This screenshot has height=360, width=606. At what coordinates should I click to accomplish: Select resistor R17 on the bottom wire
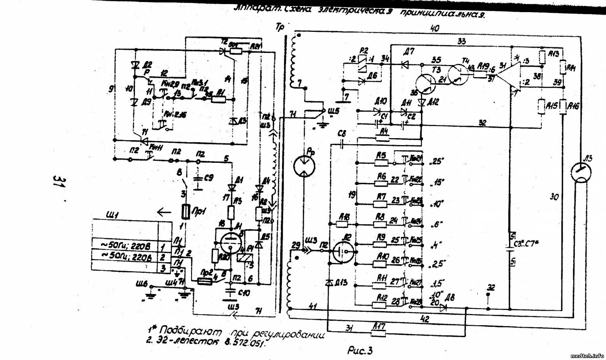378,333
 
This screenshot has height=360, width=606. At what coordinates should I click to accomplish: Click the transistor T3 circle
426,84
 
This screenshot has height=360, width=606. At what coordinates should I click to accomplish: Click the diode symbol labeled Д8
443,307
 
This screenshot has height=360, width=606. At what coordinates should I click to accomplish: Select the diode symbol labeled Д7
405,64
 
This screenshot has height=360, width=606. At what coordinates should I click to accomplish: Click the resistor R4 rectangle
382,138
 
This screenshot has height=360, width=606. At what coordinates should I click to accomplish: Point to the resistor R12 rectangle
381,305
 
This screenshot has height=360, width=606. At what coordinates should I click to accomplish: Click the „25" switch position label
437,161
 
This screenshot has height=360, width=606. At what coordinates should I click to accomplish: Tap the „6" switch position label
437,224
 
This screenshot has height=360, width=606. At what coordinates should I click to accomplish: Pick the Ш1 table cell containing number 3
163,267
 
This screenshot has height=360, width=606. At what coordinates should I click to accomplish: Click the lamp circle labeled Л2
344,253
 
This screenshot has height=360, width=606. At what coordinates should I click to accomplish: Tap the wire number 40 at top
435,28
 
